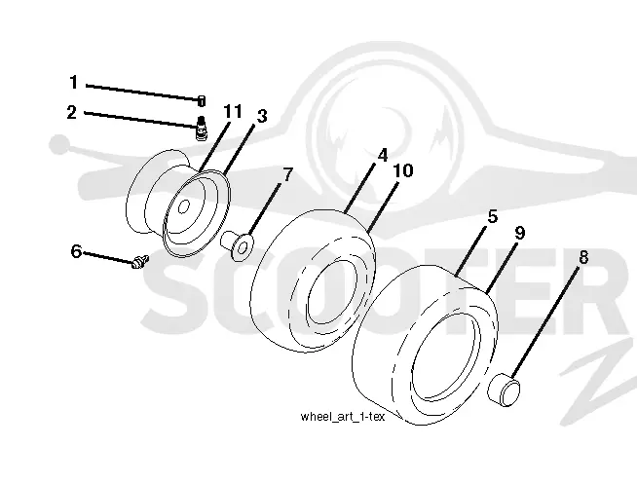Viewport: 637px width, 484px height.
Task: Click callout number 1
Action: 73,82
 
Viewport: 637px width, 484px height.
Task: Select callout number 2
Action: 72,112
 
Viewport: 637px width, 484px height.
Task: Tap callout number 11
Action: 233,111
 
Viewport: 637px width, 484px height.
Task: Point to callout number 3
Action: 262,116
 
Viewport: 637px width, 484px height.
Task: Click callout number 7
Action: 287,175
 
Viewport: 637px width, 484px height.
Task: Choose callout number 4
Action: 382,156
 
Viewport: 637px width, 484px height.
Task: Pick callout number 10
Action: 403,170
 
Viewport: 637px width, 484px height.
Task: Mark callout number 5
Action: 493,216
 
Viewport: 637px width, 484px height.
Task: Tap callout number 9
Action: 519,233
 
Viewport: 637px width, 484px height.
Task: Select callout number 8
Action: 583,257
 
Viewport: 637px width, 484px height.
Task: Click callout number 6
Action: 76,251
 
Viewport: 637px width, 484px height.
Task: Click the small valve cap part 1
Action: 202,100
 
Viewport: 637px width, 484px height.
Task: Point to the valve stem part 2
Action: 201,129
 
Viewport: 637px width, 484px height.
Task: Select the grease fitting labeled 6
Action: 140,261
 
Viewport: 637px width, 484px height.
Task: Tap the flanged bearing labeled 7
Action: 237,244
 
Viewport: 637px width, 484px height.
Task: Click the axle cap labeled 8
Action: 504,390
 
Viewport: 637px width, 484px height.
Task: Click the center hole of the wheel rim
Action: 184,207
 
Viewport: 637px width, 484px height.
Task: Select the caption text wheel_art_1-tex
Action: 342,417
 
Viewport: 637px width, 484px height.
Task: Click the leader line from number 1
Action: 142,93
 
